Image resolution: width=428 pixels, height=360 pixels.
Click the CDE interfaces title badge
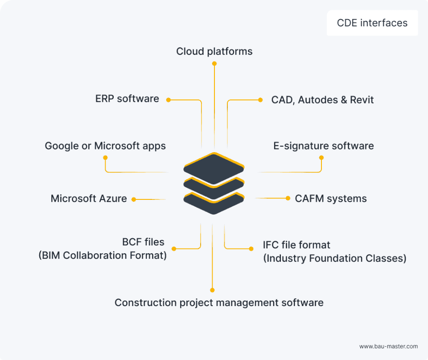[x=372, y=23]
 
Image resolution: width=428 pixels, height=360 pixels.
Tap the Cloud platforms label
[x=214, y=51]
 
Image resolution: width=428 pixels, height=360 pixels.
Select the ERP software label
[x=127, y=99]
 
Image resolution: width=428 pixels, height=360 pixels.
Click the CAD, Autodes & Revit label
[x=322, y=99]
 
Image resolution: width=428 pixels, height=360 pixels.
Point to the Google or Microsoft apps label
[x=105, y=146]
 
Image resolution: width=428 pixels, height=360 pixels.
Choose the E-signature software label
[x=323, y=146]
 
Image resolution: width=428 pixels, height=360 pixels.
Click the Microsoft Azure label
[x=89, y=199]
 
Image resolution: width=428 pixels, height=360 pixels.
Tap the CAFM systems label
[x=331, y=199]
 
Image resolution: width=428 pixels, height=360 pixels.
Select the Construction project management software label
[x=219, y=302]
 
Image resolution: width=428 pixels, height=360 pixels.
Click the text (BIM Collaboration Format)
[x=103, y=256]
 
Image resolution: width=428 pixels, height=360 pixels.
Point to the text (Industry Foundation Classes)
[x=334, y=258]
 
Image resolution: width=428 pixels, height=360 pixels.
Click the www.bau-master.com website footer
[x=388, y=346]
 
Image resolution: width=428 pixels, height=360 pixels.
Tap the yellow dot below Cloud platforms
[x=214, y=64]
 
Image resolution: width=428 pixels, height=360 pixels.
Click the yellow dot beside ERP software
[x=169, y=100]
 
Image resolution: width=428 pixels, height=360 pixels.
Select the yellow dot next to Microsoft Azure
[x=133, y=199]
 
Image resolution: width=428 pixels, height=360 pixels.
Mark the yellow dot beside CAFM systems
[x=288, y=198]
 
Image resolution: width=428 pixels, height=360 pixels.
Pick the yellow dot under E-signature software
[x=321, y=157]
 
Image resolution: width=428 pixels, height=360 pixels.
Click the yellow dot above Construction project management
[x=213, y=290]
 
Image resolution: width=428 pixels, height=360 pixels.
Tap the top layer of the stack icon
[x=214, y=168]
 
